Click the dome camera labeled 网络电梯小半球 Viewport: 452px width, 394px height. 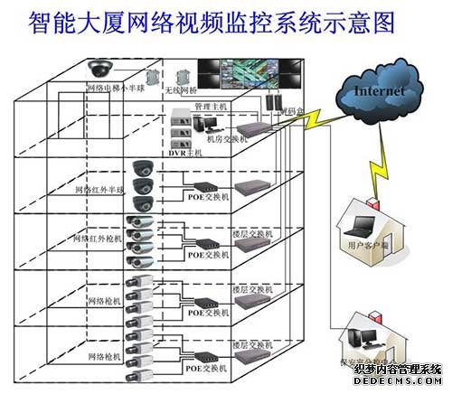[x=98, y=68]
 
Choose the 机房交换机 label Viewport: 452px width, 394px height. [x=224, y=138]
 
